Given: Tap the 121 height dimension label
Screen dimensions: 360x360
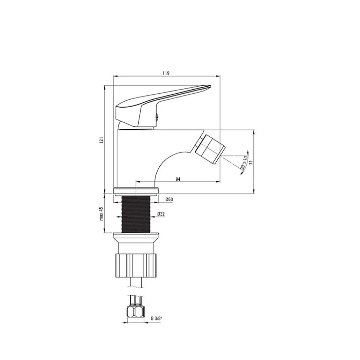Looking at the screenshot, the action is pos(102,140).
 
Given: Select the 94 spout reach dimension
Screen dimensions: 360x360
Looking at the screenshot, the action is pos(178,179).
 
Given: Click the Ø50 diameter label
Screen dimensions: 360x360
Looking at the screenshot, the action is pos(169,199).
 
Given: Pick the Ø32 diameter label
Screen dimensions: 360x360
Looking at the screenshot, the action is pos(161,214).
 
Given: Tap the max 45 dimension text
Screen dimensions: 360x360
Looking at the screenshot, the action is pos(102,213).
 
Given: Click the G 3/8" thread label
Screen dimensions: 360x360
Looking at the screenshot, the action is pos(157,319).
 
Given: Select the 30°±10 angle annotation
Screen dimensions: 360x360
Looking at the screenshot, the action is pos(244,163).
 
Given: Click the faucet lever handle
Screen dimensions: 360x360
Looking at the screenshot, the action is pos(161,104).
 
